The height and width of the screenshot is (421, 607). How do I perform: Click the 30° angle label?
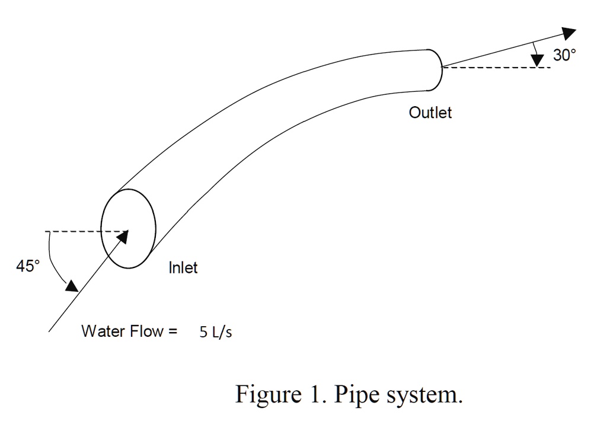(x=564, y=56)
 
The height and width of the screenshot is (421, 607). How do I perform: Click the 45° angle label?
(x=28, y=266)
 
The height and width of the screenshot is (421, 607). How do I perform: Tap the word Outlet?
(x=430, y=113)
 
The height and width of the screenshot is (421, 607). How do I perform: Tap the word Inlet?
(x=183, y=268)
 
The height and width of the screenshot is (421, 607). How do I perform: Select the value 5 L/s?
(x=216, y=333)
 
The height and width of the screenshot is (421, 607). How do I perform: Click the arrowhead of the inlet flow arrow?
(x=123, y=237)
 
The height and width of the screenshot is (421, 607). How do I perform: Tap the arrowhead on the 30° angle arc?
(x=538, y=60)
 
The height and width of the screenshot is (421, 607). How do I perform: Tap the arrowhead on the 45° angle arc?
(x=72, y=286)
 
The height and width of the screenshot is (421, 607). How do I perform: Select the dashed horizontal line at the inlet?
(x=83, y=231)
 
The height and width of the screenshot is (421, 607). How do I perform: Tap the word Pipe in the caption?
(x=356, y=394)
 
